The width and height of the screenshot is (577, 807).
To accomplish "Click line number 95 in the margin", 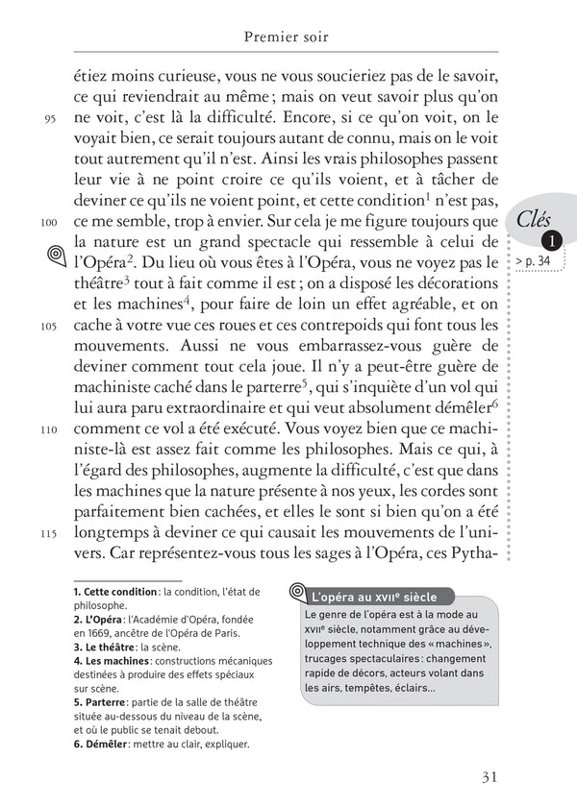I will pos(51,120).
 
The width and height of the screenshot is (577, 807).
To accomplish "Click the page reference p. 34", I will pos(536,261).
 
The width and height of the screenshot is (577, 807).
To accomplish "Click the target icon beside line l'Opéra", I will pos(54,256).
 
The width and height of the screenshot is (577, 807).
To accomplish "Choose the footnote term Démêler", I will pos(111,744).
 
